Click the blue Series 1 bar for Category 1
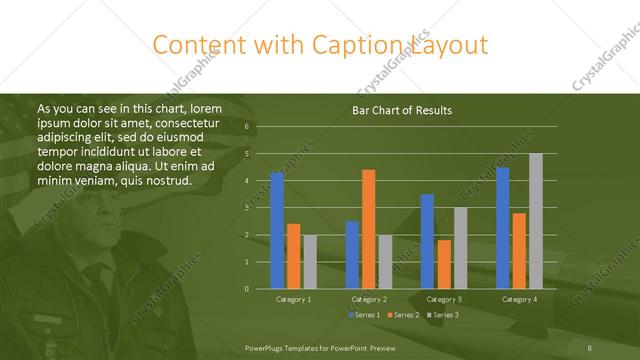click(x=277, y=230)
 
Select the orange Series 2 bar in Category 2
click(x=368, y=229)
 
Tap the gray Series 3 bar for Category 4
click(x=535, y=221)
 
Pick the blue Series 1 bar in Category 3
click(x=427, y=241)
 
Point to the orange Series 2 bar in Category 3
click(x=444, y=264)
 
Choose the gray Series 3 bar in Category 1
click(x=310, y=261)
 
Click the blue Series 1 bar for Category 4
click(x=502, y=228)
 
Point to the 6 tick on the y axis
click(x=246, y=126)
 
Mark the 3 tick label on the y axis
click(x=246, y=207)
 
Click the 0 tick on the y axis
click(x=246, y=288)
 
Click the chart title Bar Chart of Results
click(x=403, y=110)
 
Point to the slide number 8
click(x=590, y=346)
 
